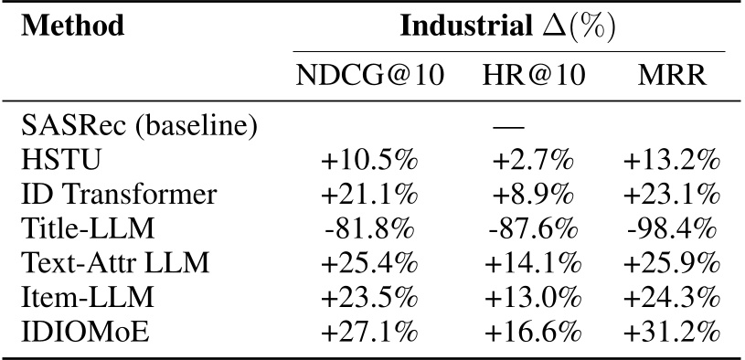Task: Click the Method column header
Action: point(72,26)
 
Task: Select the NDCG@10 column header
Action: point(369,76)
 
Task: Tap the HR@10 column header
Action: point(529,76)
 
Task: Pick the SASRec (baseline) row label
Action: point(140,124)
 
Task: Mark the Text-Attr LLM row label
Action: point(117,263)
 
